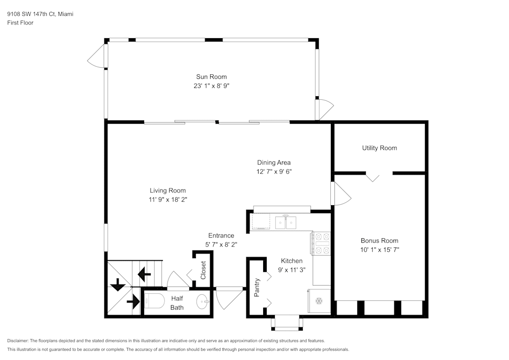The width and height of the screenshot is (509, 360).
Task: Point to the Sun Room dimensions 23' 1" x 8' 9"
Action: pos(211,86)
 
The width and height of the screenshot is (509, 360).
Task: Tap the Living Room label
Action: pos(167,191)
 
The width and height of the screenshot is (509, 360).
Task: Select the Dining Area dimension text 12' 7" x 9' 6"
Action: pos(274,172)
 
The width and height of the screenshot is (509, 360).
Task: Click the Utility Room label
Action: pos(379,148)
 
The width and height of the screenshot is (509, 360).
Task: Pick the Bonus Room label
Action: pos(379,241)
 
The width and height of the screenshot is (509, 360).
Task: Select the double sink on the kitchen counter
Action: pos(286,223)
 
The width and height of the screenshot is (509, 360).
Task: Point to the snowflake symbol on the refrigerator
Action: pos(319,301)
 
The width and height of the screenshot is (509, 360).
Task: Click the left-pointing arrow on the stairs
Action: pos(144,275)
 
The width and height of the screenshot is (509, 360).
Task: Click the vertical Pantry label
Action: pos(257,287)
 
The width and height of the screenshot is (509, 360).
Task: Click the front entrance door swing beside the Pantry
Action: pos(229,298)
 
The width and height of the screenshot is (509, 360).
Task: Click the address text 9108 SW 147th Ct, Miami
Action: pos(40,14)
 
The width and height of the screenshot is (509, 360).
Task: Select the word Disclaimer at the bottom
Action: pos(18,341)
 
